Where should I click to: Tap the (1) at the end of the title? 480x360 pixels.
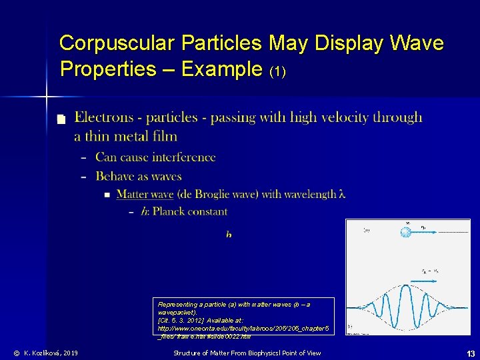[x=277, y=71]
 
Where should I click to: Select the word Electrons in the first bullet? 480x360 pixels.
[x=103, y=117]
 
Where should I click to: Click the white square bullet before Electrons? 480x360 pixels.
[x=61, y=119]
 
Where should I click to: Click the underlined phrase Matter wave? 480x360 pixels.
[x=145, y=194]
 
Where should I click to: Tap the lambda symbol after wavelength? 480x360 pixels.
[x=342, y=194]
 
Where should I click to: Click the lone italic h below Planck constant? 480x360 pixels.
[x=229, y=235]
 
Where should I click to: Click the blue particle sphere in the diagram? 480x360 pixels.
[x=407, y=232]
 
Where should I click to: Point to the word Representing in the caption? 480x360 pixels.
[x=175, y=304]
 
